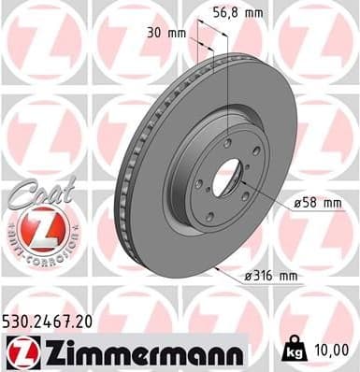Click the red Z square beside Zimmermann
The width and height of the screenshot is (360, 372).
coord(20,351)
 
